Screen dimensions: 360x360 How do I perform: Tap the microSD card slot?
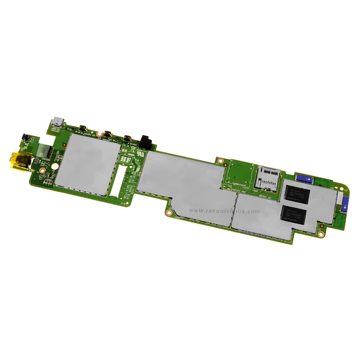click(267, 178)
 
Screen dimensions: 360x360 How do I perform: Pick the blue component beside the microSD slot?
click(305, 178)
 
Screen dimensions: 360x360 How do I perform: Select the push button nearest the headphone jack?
click(127, 138)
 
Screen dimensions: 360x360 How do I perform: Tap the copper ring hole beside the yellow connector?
click(42, 170)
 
